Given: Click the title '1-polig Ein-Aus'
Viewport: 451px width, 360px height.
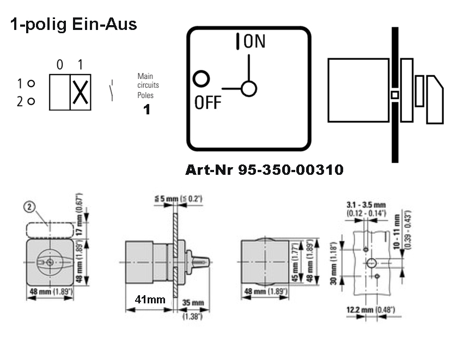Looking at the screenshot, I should coord(73,25).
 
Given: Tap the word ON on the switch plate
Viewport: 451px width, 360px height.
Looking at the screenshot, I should coord(254,42).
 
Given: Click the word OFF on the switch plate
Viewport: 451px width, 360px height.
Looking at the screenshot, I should coord(208,102).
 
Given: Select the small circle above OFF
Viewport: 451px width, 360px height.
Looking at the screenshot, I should coord(202,79).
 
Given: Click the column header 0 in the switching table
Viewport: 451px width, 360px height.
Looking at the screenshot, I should coord(60,65).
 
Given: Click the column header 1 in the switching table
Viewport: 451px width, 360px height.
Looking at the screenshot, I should coord(81,65).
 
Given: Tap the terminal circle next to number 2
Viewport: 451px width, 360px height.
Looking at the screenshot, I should coord(31,101).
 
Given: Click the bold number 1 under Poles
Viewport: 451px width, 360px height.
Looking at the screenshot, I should coord(146,109).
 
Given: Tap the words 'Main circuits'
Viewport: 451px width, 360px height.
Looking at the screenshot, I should coord(148,81).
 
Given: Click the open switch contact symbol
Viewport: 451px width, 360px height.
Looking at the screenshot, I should coord(112,90).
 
